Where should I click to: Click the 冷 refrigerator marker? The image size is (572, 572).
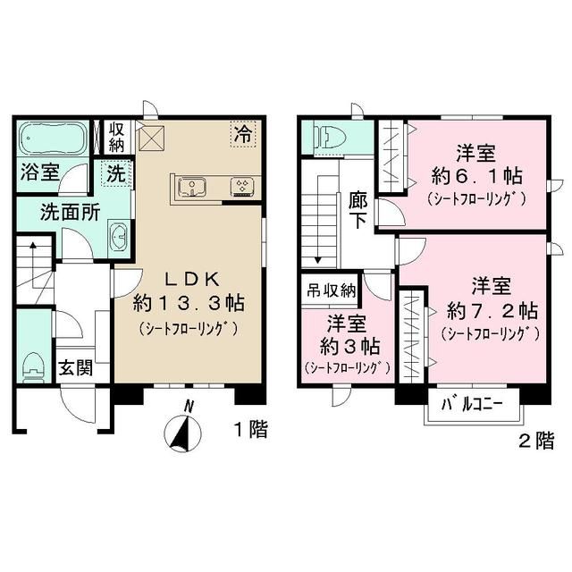[x=242, y=135]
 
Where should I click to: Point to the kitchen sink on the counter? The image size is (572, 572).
[x=193, y=186]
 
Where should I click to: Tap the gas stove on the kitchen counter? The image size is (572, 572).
[x=241, y=186]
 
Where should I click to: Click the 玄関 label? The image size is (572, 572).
[x=74, y=366]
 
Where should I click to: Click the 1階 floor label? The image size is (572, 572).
[x=251, y=430]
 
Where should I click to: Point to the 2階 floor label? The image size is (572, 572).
[x=535, y=440]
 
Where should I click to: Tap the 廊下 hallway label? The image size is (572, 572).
[x=356, y=211]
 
